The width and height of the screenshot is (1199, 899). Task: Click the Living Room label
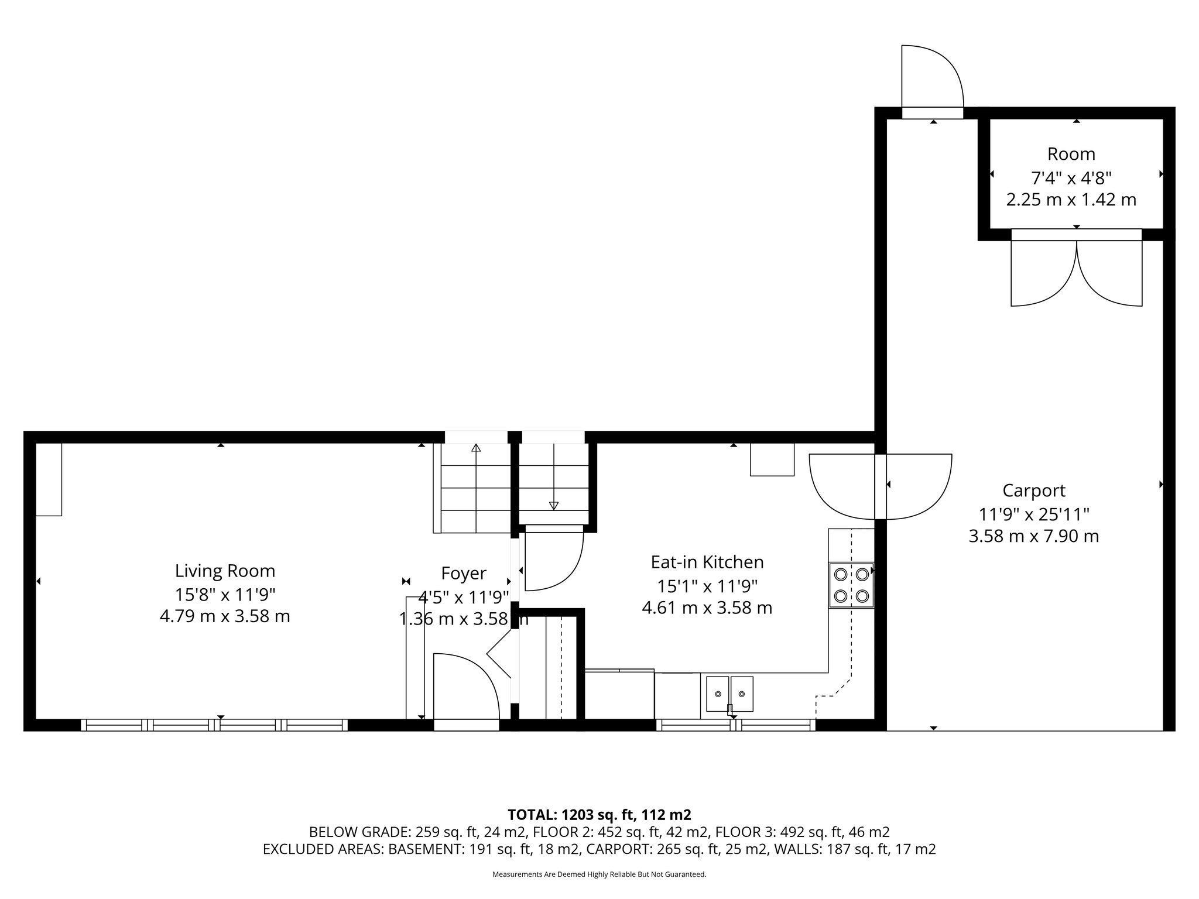tap(225, 571)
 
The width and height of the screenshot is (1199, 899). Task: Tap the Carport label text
tap(1033, 490)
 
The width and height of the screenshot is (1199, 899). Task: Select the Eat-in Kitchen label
tap(707, 562)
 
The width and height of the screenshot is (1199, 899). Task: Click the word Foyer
tap(463, 574)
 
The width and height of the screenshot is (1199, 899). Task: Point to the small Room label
tap(1071, 154)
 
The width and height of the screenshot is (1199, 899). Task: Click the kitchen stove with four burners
tap(851, 585)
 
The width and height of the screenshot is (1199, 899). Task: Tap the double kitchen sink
tap(729, 694)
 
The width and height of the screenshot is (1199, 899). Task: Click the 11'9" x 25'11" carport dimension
tap(1034, 514)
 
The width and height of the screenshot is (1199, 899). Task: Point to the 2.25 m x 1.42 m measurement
tap(1071, 200)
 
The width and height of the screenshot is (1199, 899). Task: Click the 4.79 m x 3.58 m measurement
tap(225, 616)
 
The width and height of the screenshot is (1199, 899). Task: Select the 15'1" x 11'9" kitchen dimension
tap(707, 585)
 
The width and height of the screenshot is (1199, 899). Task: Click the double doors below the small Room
tap(1076, 272)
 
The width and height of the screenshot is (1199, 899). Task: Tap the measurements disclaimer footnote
tap(599, 874)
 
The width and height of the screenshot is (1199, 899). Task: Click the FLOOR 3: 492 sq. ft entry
tap(802, 832)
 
